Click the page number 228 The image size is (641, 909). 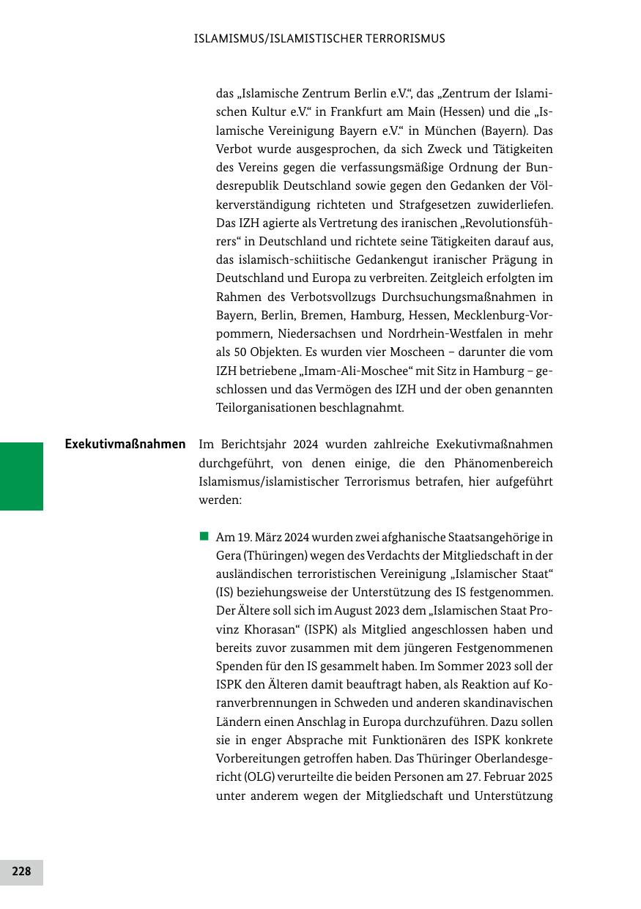point(21,872)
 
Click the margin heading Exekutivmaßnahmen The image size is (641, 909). point(125,444)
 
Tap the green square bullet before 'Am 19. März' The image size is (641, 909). point(204,537)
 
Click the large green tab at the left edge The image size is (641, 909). point(21,476)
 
